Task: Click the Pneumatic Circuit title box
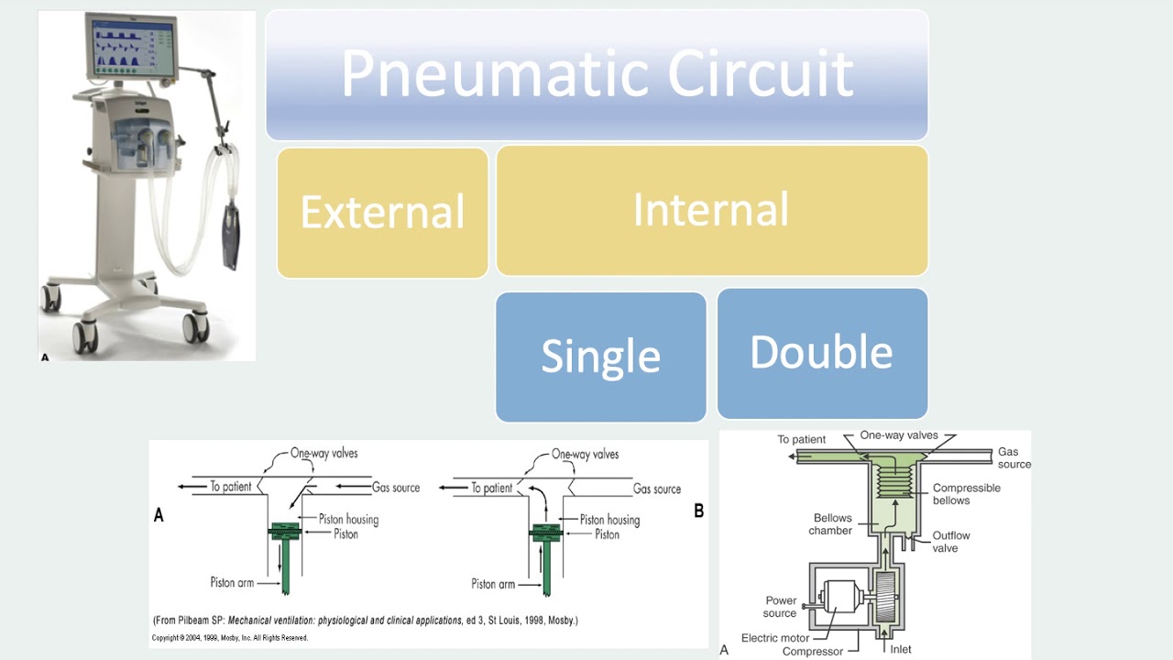597,75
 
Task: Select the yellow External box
382,212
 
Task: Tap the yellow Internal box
711,210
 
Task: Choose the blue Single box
600,357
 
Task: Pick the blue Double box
821,353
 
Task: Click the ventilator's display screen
130,48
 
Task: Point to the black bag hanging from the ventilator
230,236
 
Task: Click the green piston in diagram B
546,531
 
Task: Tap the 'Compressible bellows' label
966,494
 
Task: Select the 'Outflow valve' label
950,541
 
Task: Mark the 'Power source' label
781,607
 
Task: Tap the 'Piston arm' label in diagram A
232,582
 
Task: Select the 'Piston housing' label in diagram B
609,520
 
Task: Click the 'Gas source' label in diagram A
396,488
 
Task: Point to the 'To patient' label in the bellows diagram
801,439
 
